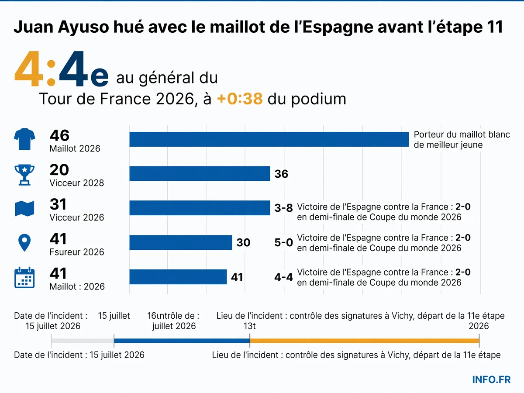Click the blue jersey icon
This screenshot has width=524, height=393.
click(x=24, y=139)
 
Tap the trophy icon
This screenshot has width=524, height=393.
click(x=24, y=175)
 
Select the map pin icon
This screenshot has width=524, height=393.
click(x=24, y=243)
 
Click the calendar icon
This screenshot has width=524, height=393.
click(x=24, y=278)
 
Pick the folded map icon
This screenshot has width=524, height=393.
click(x=24, y=209)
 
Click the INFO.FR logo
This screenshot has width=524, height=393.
click(x=491, y=379)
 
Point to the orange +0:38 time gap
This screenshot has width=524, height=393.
click(x=240, y=99)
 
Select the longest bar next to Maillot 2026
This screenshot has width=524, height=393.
click(x=269, y=139)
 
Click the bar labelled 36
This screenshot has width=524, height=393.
click(x=200, y=173)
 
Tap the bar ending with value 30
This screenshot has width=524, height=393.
click(x=181, y=242)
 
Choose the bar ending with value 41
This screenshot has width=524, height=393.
click(x=178, y=277)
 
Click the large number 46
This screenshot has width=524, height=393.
click(x=59, y=135)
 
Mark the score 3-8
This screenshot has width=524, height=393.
click(x=283, y=208)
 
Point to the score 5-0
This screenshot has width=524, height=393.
click(x=283, y=242)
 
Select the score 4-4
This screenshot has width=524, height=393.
click(x=283, y=277)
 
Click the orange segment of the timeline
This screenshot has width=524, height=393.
click(x=365, y=341)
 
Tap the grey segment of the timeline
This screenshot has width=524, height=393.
click(x=83, y=341)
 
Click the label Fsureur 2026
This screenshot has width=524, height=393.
click(x=77, y=252)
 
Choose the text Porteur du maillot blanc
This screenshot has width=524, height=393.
click(x=462, y=134)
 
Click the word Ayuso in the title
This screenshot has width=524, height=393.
click(x=83, y=27)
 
